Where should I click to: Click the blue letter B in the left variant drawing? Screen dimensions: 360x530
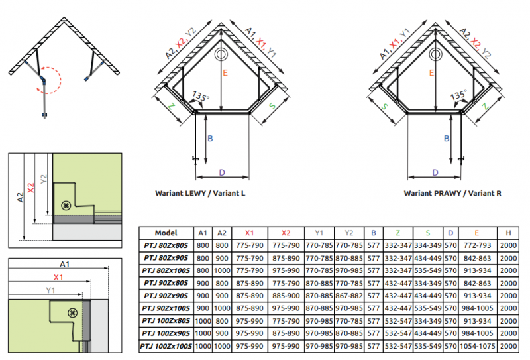click(x=211, y=139)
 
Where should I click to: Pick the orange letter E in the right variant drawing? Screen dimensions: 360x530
click(x=431, y=74)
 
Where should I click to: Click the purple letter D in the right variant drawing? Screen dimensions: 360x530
click(x=435, y=172)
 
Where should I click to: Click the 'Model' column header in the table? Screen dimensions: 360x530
click(x=166, y=233)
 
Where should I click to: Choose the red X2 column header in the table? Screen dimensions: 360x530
click(x=286, y=233)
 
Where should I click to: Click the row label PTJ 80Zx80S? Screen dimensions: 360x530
click(x=166, y=245)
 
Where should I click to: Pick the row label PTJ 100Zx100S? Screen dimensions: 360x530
click(x=166, y=346)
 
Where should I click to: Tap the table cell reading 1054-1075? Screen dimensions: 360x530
click(x=477, y=346)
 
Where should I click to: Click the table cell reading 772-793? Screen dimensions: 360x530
click(x=477, y=245)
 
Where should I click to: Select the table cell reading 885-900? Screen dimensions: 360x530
click(x=286, y=296)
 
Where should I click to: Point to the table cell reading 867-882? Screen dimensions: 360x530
click(x=349, y=296)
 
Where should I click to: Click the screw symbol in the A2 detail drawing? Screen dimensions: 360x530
click(x=66, y=206)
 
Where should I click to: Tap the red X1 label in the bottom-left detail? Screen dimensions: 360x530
click(x=58, y=277)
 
